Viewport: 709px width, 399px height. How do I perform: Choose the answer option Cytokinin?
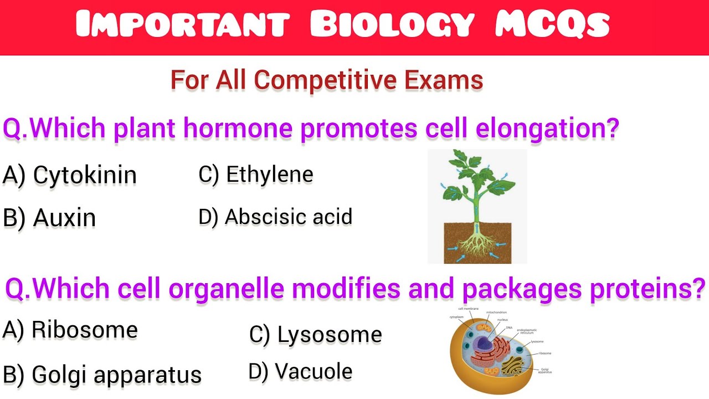[85, 175]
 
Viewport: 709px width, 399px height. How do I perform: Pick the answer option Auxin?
[64, 218]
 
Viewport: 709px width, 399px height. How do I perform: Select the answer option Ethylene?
[270, 175]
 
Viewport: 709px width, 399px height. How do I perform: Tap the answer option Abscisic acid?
[289, 217]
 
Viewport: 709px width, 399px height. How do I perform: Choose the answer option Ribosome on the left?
[85, 330]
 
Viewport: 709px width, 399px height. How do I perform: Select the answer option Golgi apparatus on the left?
[116, 375]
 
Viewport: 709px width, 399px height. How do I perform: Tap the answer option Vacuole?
[314, 371]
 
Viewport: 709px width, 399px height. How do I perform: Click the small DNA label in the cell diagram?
[509, 328]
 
